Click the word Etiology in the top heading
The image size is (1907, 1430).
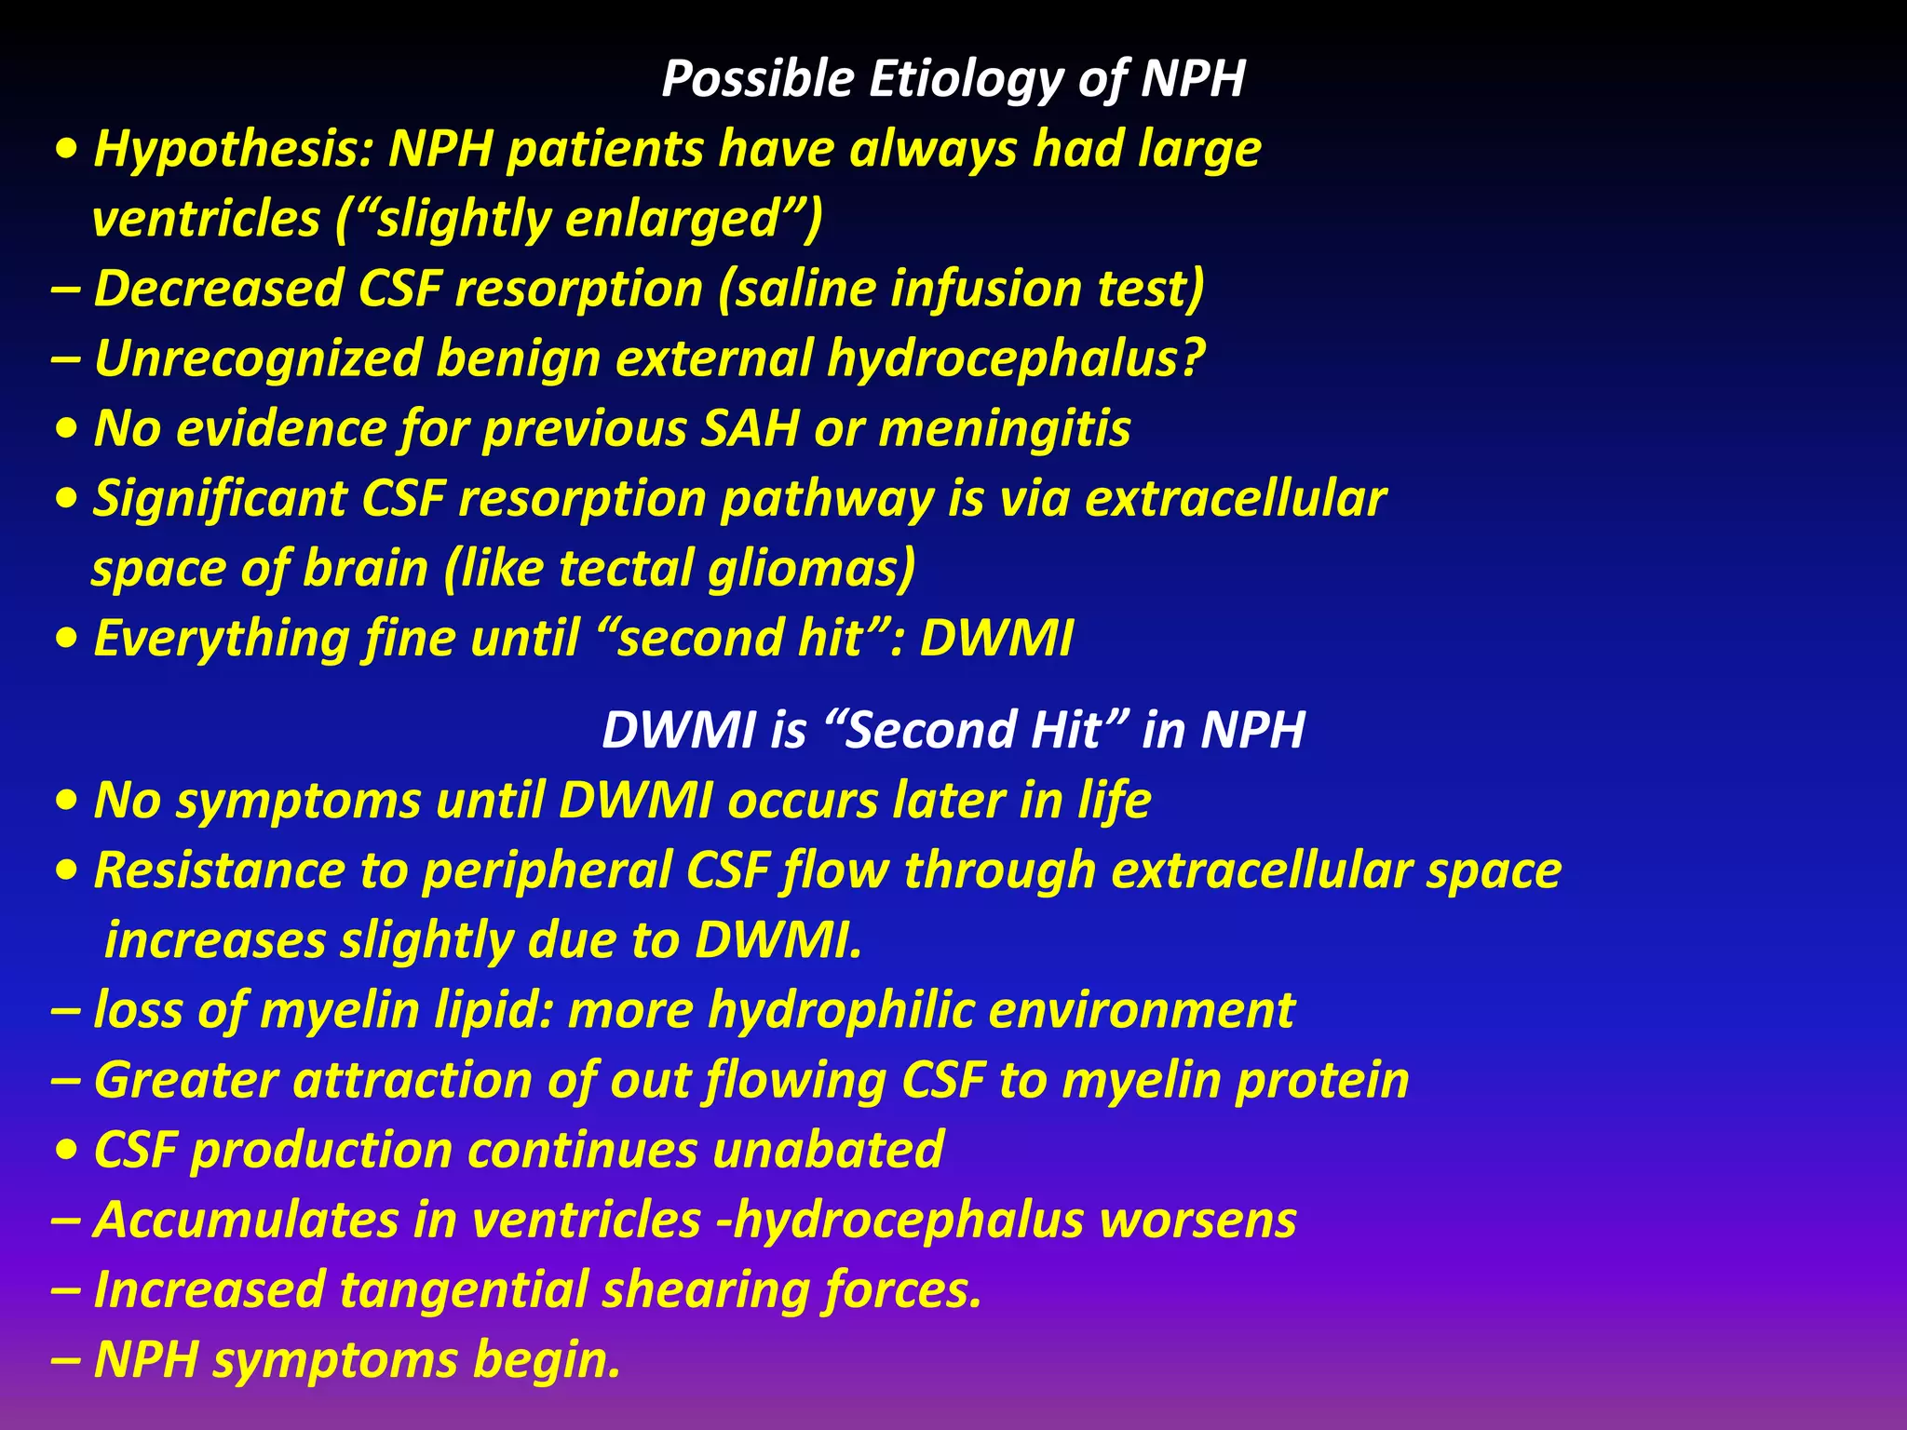[965, 79]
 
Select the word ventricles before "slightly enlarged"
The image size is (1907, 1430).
[206, 220]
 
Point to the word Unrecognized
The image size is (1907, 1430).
[257, 359]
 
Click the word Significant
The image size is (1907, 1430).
[220, 499]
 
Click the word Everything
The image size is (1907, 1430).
[221, 640]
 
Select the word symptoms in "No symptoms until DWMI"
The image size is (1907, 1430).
[298, 802]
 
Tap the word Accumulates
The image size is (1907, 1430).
[246, 1221]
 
